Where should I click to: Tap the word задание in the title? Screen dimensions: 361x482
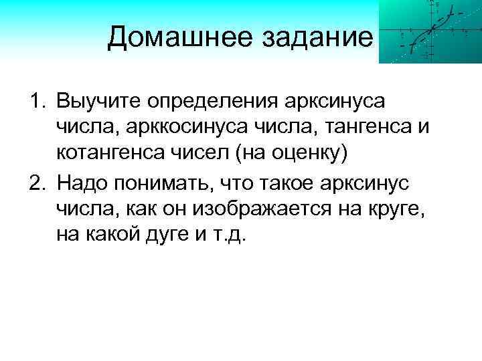(x=319, y=36)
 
